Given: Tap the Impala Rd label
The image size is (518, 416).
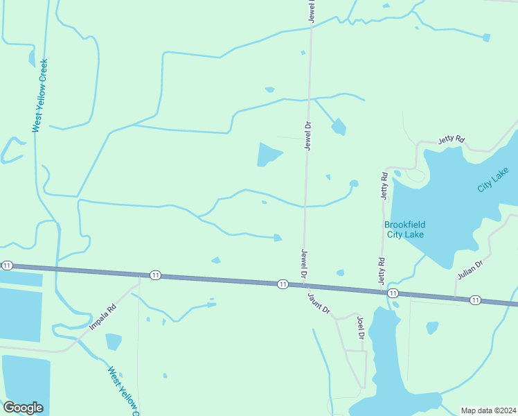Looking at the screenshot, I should tap(102, 315).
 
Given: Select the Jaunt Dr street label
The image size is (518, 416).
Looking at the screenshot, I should tap(319, 302).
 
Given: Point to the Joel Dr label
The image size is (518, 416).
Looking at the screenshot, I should tap(361, 327).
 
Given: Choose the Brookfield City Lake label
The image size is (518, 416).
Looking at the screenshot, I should tap(404, 229).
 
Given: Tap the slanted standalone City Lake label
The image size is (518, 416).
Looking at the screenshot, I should tap(493, 180).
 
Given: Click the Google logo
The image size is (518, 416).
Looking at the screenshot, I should tap(23, 408).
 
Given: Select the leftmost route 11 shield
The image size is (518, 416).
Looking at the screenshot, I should tap(7, 266).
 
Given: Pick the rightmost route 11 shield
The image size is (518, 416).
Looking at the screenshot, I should tap(475, 300).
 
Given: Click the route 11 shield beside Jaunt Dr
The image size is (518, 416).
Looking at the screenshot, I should tap(283, 284).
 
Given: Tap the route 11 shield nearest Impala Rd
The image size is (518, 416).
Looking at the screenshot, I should tap(155, 275).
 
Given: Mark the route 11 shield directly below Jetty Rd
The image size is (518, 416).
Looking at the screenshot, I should tap(393, 293).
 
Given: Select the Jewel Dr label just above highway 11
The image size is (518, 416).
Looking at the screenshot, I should tap(303, 263).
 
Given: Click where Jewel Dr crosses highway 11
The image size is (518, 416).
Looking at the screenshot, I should tap(304, 284).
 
